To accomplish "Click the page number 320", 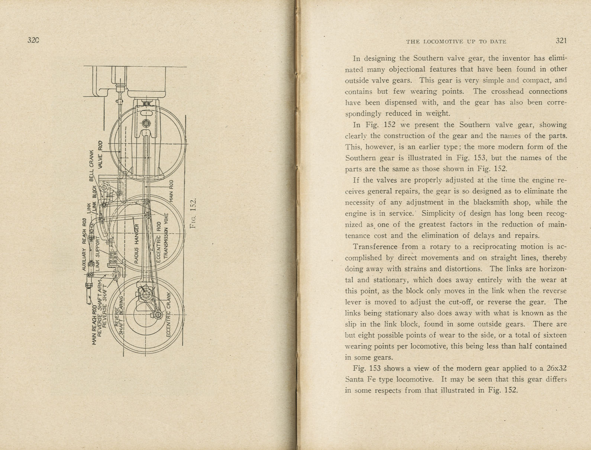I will (x=33, y=41).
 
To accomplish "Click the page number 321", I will (x=561, y=41).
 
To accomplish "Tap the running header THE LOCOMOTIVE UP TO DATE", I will (x=456, y=42).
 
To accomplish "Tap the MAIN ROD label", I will (x=171, y=191).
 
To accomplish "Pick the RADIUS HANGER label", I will (x=136, y=244).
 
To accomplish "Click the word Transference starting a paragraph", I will (x=375, y=247).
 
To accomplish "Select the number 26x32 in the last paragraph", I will (x=556, y=369).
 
